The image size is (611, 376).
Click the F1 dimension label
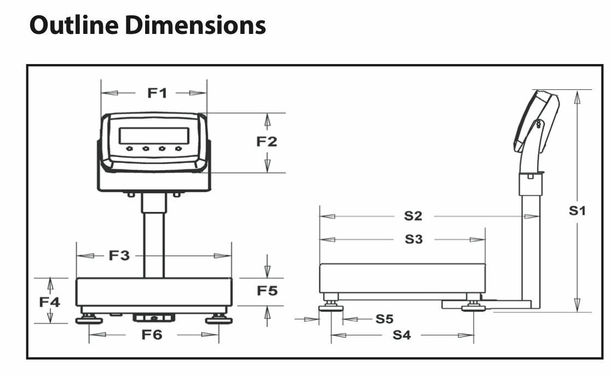pos(157,93)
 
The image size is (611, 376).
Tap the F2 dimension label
pos(267,141)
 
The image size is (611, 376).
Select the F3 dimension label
pos(119,255)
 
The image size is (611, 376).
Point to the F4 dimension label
pos(50,301)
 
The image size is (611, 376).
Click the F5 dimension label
pos(267,291)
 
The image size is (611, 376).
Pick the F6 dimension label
pos(152,334)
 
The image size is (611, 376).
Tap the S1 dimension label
pos(577,210)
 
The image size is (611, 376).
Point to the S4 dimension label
pos(401,335)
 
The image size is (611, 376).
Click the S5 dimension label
pos(384,319)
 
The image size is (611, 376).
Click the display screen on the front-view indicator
pos(154,136)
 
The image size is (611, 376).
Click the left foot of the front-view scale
pos(89,319)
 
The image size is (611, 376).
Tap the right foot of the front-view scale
pos(218,319)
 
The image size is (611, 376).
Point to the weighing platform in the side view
pos(402,278)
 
